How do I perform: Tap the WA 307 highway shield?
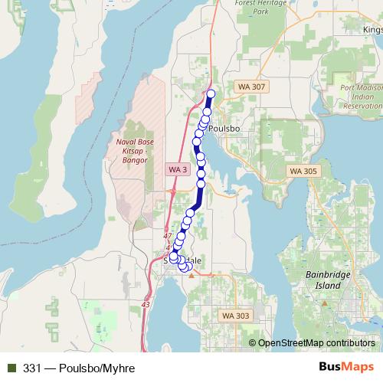(x=250, y=87)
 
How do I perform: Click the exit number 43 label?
(x=146, y=305)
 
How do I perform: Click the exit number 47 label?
(x=168, y=237)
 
